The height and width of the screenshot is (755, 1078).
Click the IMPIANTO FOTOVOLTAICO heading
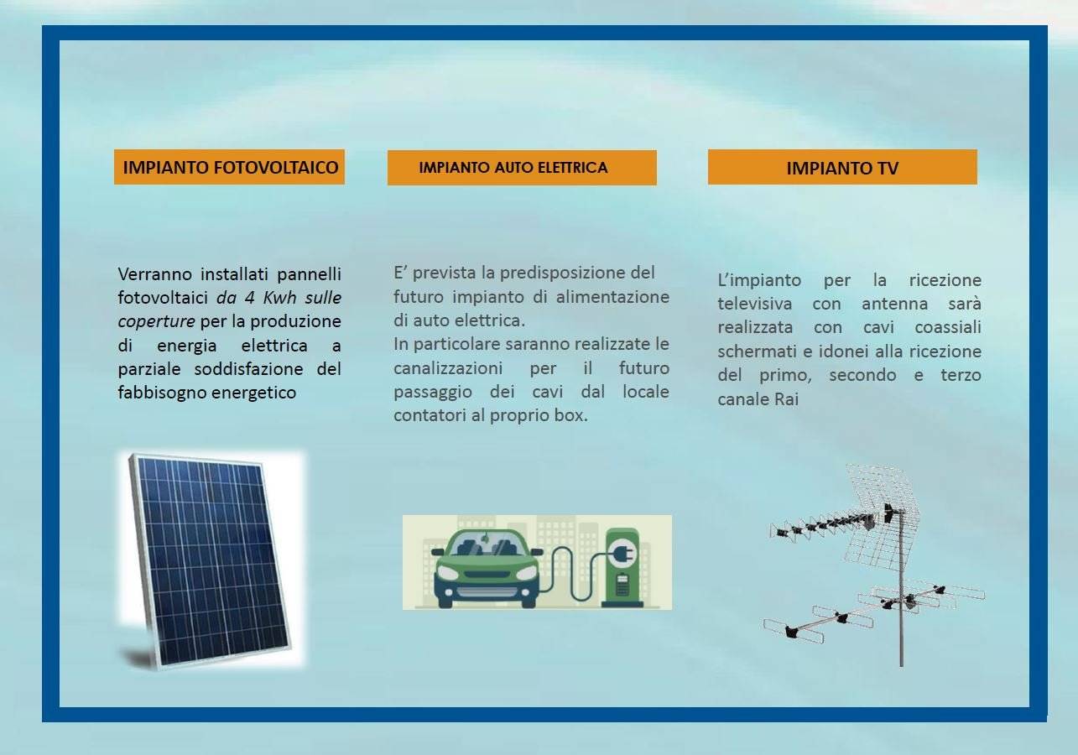point(231,168)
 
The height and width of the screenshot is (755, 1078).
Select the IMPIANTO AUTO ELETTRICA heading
point(513,168)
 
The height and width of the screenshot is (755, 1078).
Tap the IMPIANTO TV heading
point(842,168)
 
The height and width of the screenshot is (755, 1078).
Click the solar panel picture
point(211,560)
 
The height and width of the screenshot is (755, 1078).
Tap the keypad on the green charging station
point(622,586)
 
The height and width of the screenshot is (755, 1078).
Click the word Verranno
point(155,274)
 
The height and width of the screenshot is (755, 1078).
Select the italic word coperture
point(156,322)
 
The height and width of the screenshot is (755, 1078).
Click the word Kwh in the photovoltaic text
point(279,298)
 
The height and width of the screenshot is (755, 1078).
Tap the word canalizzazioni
point(448,368)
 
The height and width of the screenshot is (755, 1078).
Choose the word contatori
point(430,416)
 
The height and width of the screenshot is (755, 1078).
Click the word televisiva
point(755,305)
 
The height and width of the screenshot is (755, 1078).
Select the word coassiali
point(948,328)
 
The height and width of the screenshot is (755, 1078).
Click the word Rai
point(786,399)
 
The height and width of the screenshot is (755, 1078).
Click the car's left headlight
point(446,574)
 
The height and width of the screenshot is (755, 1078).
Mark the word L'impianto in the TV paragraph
point(759,281)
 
